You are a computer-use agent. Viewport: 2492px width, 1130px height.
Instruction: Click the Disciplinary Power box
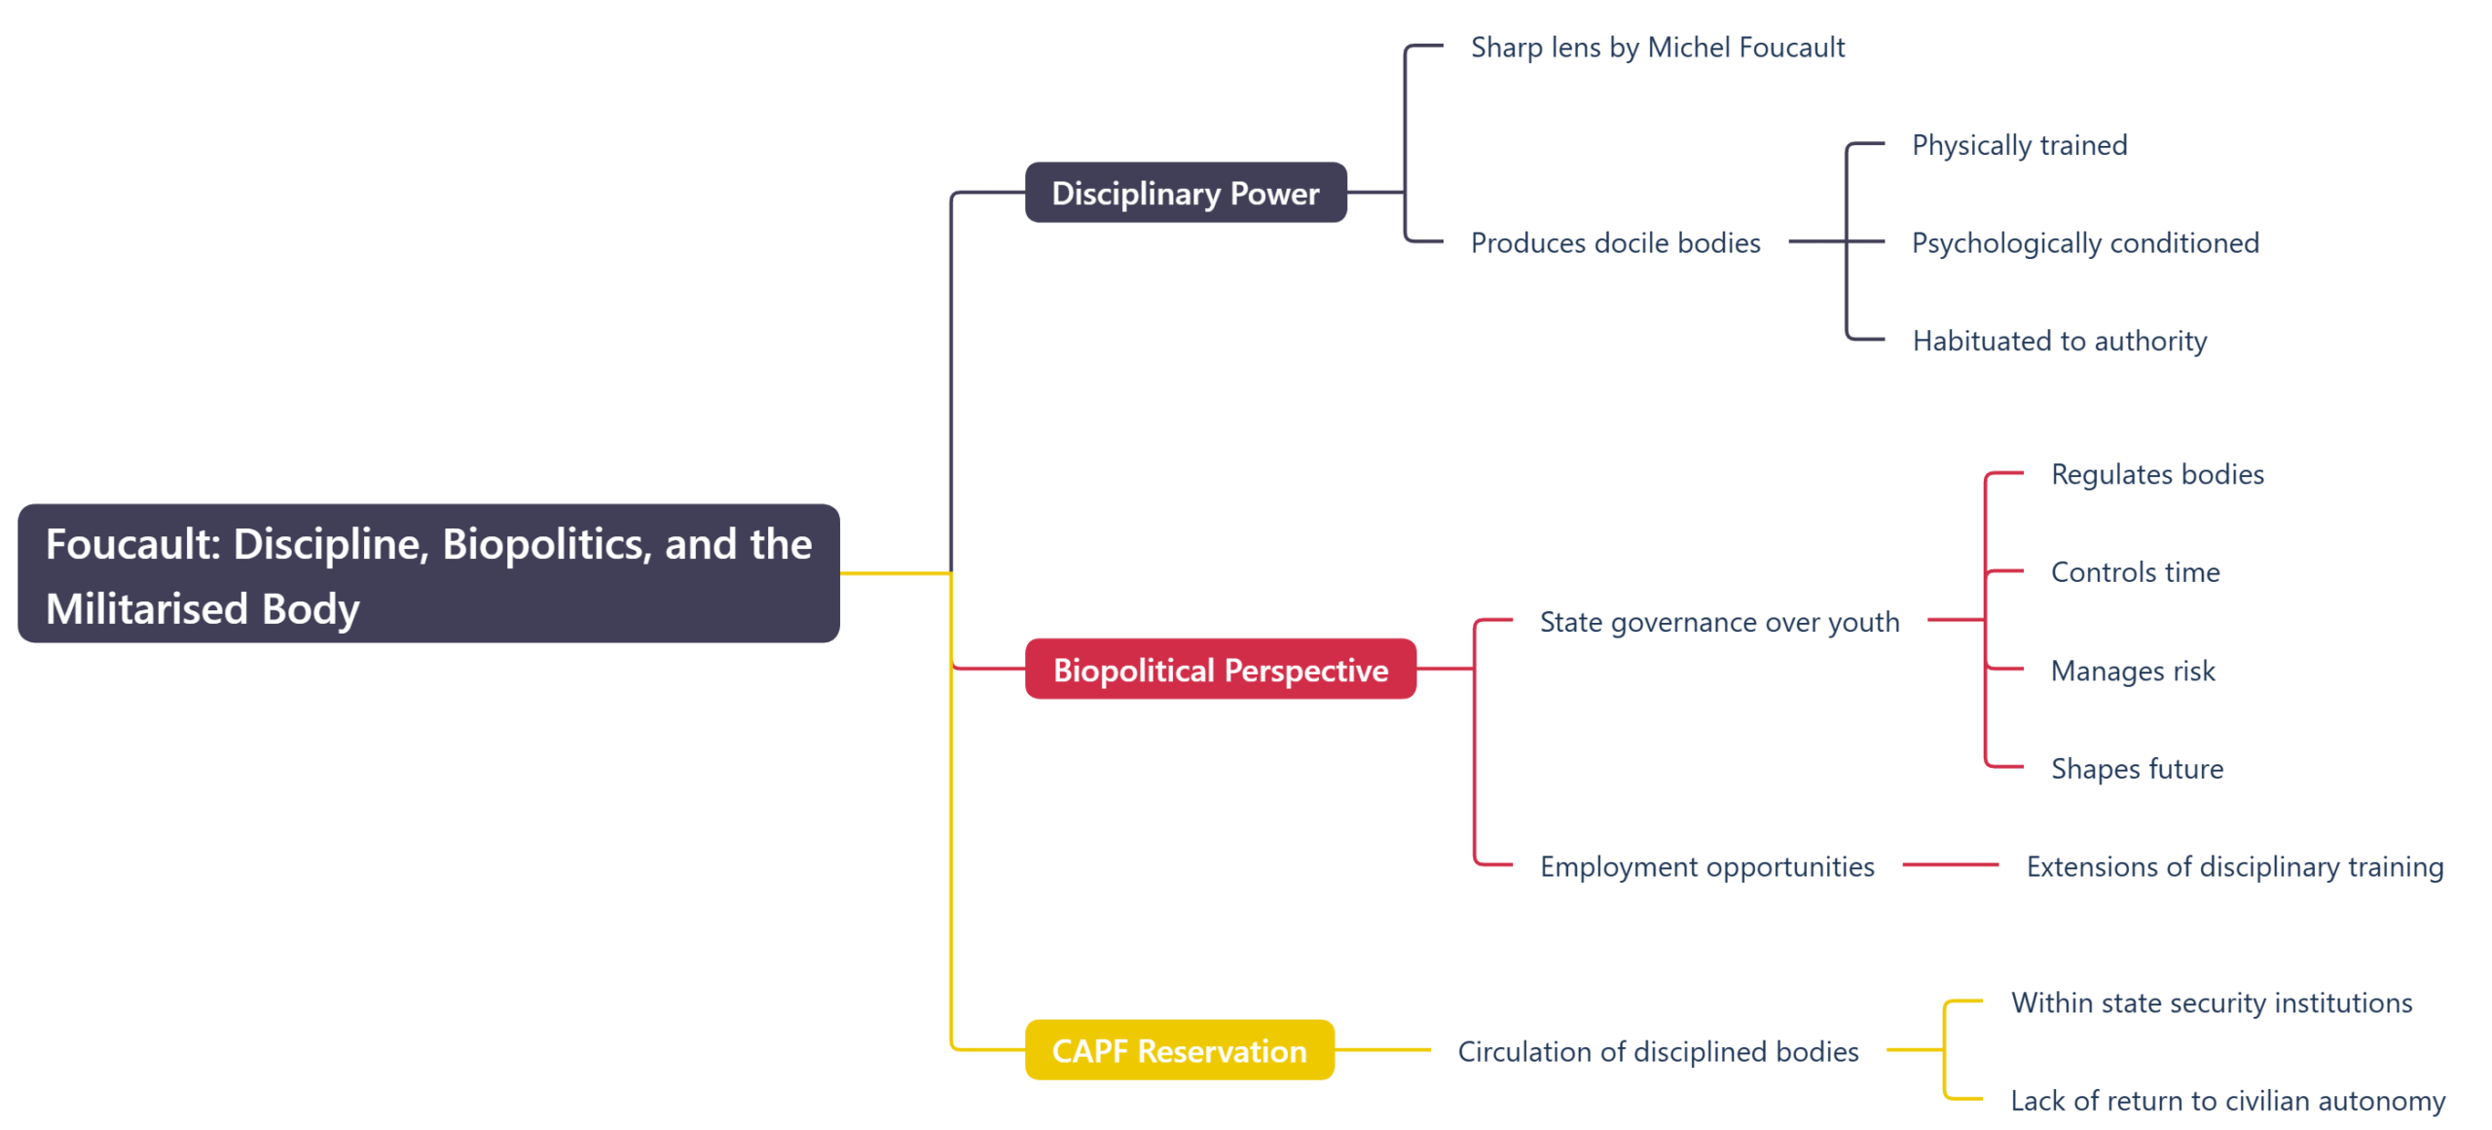click(1185, 193)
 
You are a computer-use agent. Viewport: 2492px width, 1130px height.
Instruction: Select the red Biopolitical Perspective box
click(1220, 670)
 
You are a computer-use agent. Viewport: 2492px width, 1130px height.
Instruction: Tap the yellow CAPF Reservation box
click(1179, 1050)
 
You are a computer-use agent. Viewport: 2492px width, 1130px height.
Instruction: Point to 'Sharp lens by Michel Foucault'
click(1657, 48)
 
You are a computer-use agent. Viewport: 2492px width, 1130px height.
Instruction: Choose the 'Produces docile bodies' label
click(1615, 242)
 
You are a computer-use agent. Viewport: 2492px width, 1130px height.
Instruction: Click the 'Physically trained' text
click(2019, 145)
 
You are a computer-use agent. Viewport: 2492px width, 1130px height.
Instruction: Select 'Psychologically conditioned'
click(2084, 242)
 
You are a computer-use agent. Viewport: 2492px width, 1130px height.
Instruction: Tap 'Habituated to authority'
click(2059, 341)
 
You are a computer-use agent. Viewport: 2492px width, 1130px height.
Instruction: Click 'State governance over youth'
click(1719, 621)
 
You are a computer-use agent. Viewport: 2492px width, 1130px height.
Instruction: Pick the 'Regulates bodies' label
click(2156, 474)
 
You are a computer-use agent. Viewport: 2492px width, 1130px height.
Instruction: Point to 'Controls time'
click(2135, 572)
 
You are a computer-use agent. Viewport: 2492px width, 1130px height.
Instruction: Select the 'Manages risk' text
click(2132, 671)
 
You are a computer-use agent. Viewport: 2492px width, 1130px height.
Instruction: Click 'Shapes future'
click(2137, 769)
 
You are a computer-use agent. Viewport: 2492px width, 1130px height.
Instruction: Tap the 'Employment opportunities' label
click(1706, 866)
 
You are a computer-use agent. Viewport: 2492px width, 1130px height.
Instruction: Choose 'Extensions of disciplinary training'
click(2234, 866)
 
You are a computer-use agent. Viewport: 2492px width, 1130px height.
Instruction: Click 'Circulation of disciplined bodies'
click(1658, 1051)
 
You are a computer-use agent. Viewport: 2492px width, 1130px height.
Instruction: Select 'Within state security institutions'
click(2211, 1002)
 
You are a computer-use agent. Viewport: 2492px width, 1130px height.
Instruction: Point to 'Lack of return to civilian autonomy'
click(2227, 1101)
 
